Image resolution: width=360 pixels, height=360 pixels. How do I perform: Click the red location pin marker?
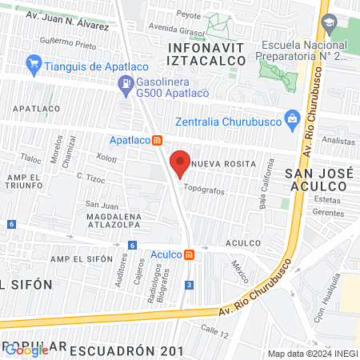[x=180, y=162]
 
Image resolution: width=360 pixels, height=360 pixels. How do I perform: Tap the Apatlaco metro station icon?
[x=158, y=140]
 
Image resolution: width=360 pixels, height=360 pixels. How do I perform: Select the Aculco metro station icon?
[x=188, y=254]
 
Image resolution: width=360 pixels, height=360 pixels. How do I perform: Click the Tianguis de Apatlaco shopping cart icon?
[x=34, y=63]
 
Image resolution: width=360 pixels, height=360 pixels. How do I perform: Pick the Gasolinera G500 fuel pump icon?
[x=126, y=82]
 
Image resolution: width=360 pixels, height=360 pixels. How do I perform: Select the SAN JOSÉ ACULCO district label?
[x=314, y=179]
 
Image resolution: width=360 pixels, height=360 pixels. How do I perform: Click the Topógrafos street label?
[x=206, y=190]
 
